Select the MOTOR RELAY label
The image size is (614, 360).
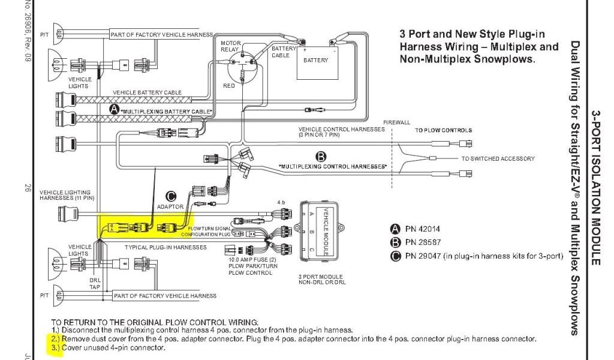click(231, 47)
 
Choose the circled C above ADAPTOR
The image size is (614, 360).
click(171, 196)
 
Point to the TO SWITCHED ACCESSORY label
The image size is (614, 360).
click(498, 159)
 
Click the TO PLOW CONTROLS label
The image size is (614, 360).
click(443, 130)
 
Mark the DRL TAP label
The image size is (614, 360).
click(95, 283)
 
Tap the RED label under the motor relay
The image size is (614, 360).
click(229, 86)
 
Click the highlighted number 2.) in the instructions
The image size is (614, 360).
click(56, 339)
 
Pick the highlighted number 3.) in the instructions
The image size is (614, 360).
click(56, 347)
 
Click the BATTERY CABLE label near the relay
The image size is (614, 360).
click(281, 52)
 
